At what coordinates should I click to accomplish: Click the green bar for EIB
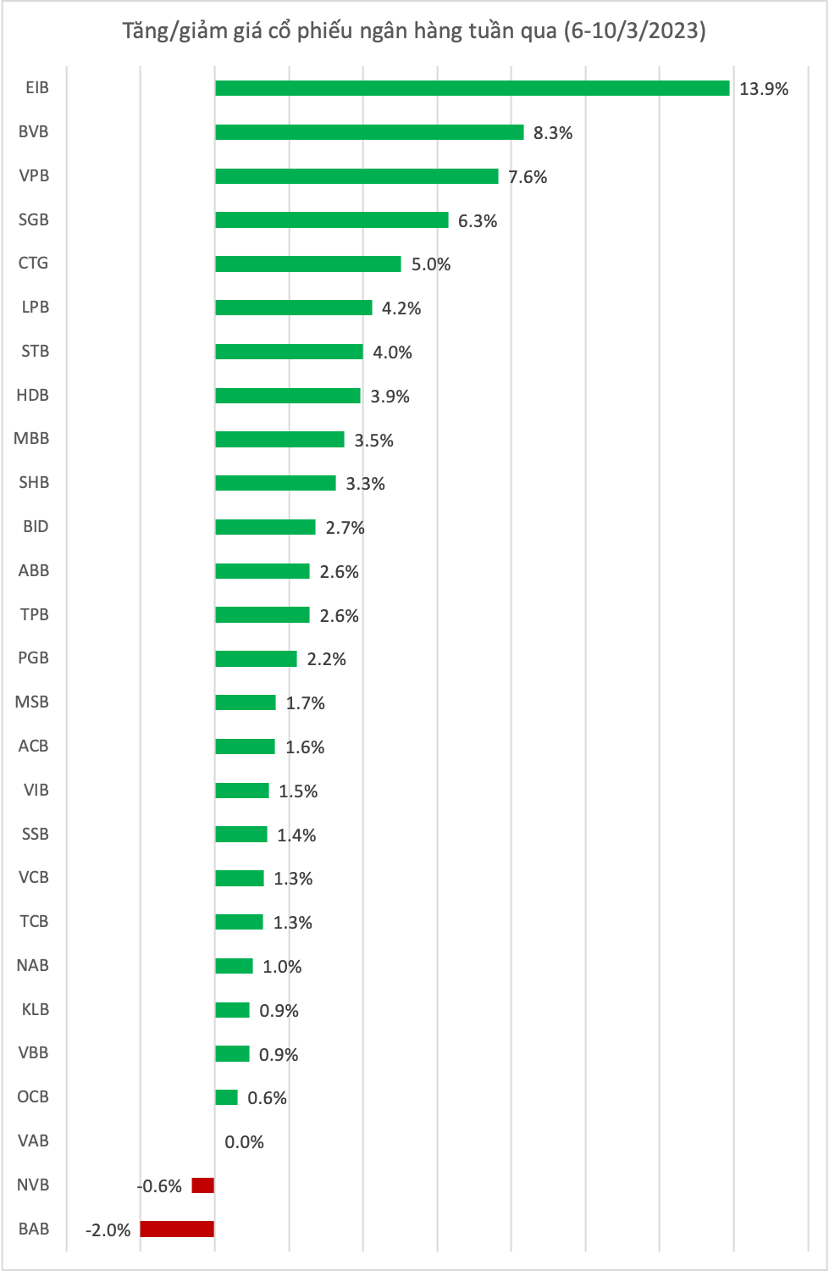click(x=472, y=88)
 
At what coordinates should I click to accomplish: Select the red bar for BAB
click(x=177, y=1229)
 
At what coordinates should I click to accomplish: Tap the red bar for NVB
click(x=203, y=1185)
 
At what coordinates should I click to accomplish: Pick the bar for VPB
click(x=356, y=176)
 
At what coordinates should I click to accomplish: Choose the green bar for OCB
click(x=226, y=1097)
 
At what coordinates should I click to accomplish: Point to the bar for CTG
click(x=308, y=264)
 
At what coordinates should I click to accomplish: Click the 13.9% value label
click(x=764, y=89)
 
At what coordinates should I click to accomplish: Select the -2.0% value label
click(x=108, y=1230)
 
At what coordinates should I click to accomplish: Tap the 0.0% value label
click(x=245, y=1142)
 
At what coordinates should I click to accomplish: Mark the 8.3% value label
click(x=553, y=133)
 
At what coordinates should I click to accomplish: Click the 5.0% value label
click(x=431, y=264)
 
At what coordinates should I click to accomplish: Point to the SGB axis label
click(x=34, y=219)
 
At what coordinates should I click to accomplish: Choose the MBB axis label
click(x=32, y=438)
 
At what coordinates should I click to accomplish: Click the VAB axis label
click(x=34, y=1141)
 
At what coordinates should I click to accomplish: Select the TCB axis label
click(x=35, y=921)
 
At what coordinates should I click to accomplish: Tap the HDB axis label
click(x=33, y=395)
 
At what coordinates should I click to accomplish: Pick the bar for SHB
click(x=275, y=483)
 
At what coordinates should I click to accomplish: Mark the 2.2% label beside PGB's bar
click(x=327, y=659)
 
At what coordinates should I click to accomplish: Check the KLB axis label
click(x=36, y=1009)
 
